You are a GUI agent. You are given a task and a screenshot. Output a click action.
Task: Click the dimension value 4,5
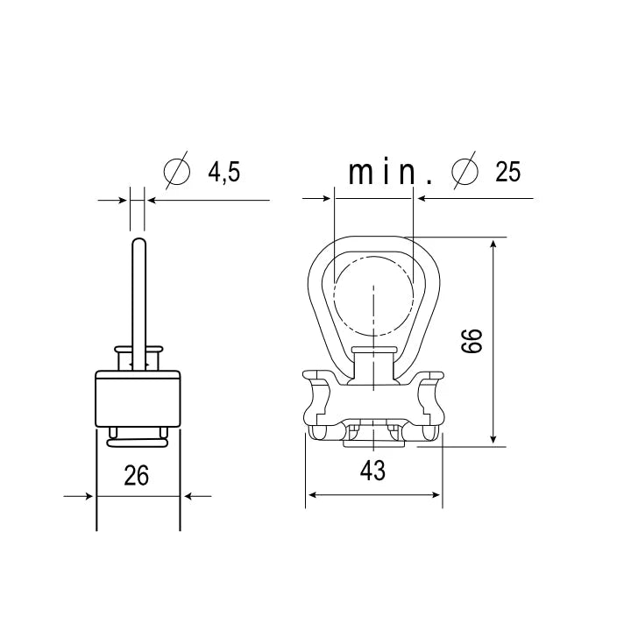pyautogui.click(x=223, y=172)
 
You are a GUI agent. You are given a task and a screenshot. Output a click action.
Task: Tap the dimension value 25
pyautogui.click(x=507, y=172)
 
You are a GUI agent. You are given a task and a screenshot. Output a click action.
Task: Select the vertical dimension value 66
pyautogui.click(x=471, y=341)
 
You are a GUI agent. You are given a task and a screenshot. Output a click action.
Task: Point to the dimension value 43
pyautogui.click(x=372, y=471)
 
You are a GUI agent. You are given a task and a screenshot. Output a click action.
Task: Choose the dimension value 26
pyautogui.click(x=137, y=475)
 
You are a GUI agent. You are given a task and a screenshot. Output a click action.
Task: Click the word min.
pyautogui.click(x=390, y=173)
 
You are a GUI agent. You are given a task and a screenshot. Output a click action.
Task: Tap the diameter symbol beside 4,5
pyautogui.click(x=177, y=171)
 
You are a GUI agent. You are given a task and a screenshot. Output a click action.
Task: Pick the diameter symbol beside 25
pyautogui.click(x=465, y=171)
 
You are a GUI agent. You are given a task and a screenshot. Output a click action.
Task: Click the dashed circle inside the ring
pyautogui.click(x=334, y=296)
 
